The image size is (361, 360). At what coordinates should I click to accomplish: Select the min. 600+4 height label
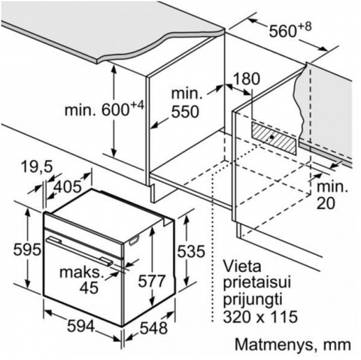click(105, 108)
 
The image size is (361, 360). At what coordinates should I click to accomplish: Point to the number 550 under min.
click(185, 111)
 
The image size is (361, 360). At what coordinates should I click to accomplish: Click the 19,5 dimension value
click(37, 167)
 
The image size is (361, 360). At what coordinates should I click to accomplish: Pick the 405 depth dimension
click(68, 186)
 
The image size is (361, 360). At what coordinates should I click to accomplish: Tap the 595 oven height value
click(27, 250)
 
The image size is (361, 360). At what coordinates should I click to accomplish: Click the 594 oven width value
click(81, 326)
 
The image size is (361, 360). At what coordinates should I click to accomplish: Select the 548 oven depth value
click(153, 328)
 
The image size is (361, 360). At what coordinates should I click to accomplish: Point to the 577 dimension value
click(152, 281)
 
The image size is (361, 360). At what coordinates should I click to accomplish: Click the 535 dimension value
click(191, 251)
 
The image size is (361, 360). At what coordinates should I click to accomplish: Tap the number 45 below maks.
click(89, 288)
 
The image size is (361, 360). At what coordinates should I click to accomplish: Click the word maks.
click(82, 272)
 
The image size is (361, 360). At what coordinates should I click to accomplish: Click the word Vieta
click(242, 267)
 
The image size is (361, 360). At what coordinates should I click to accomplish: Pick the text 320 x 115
click(260, 316)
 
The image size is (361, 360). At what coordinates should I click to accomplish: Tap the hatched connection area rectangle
click(274, 138)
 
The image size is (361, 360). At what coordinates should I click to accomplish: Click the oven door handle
click(79, 250)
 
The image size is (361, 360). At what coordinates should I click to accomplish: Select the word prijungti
click(253, 301)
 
